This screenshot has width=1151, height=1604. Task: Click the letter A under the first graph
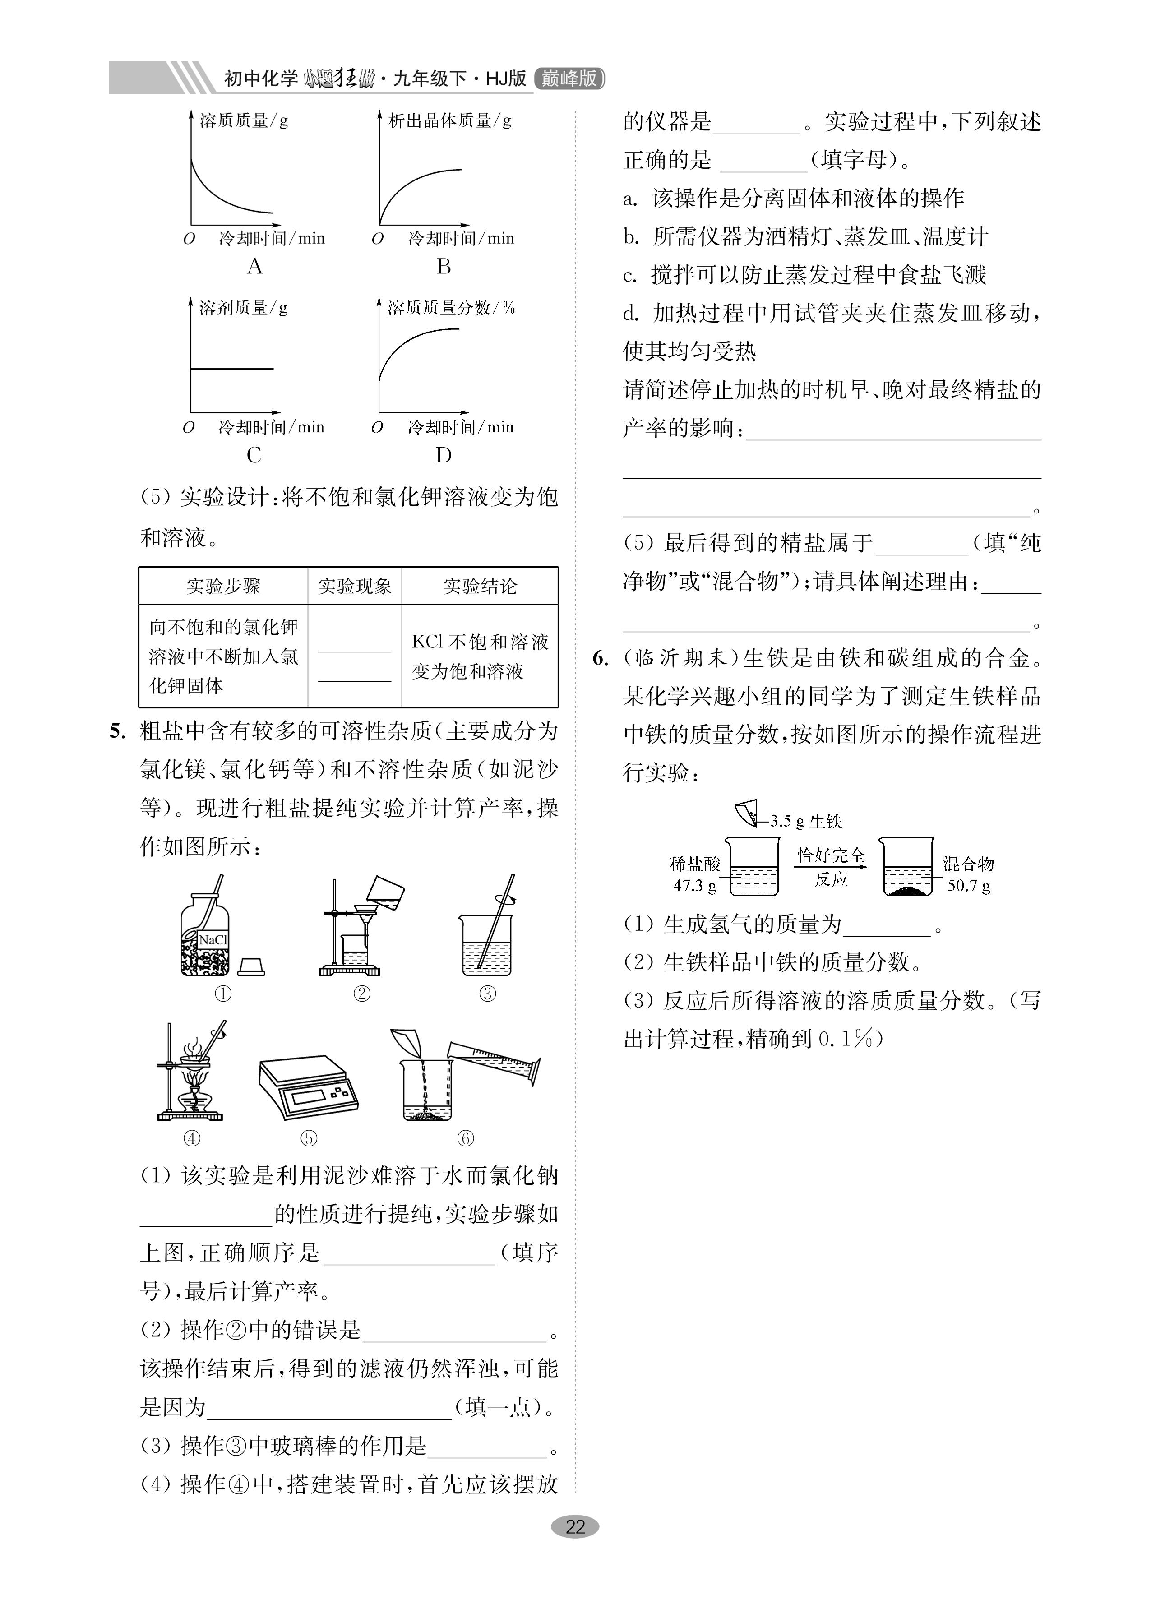254,267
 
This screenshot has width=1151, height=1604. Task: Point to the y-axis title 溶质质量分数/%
451,308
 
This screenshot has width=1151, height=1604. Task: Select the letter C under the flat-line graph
254,455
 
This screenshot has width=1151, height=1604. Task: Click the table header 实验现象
355,586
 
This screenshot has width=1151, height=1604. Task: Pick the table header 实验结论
480,586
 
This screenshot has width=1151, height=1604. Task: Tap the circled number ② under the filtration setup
361,994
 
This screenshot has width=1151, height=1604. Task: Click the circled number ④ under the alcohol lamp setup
192,1138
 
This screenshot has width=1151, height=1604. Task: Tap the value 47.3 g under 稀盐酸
694,885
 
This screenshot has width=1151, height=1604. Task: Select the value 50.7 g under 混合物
968,885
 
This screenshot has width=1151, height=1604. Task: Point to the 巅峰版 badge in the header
569,79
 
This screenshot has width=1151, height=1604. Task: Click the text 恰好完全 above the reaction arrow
831,856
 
